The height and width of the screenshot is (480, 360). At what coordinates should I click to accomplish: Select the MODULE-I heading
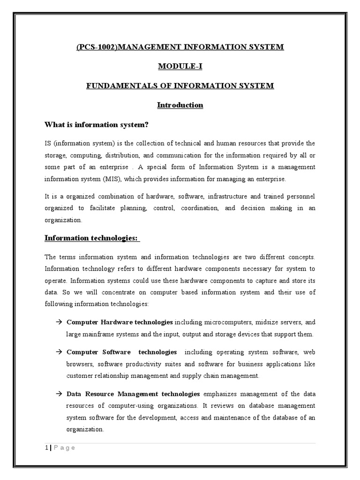tap(180, 66)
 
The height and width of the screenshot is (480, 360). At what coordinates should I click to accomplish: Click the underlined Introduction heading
tap(180, 105)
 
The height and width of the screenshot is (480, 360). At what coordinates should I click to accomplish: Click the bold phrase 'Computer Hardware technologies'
tap(120, 322)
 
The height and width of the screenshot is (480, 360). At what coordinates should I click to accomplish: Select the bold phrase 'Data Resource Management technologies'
tap(133, 394)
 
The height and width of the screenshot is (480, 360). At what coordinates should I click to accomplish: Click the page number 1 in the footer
tap(46, 448)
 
